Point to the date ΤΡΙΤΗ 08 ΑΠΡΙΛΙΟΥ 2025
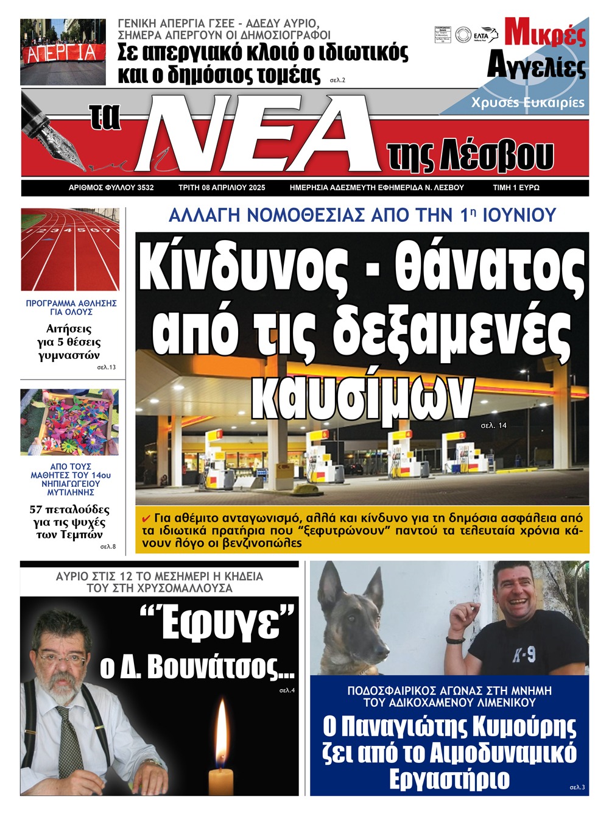pos(222,188)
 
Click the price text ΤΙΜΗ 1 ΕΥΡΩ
pos(516,188)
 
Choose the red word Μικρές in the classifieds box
pos(545,33)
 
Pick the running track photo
pos(69,250)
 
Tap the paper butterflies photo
pos(69,422)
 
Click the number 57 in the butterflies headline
pos(37,509)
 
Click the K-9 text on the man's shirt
pos(524,655)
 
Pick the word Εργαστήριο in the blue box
pos(449,779)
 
